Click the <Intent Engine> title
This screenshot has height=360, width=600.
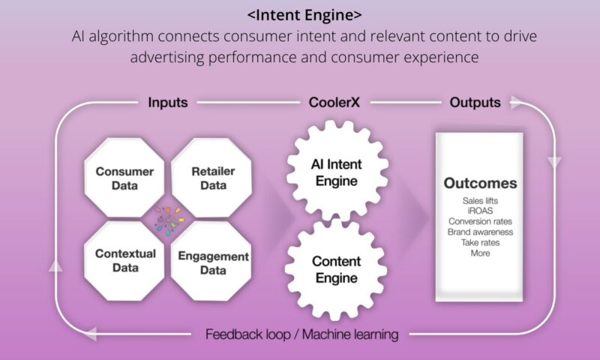point(300,15)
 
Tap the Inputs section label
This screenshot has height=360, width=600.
point(168,103)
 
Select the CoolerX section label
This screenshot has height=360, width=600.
point(334,103)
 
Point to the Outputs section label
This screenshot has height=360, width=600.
point(475,103)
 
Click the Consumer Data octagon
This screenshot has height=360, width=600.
point(124,177)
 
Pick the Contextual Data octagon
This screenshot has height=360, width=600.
point(124,259)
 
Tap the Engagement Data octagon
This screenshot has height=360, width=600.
point(213,262)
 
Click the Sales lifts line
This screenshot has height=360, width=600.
point(480,201)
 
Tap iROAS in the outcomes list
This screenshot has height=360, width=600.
point(480,211)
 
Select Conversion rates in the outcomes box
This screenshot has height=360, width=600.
point(480,221)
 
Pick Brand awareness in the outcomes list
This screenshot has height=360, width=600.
point(480,232)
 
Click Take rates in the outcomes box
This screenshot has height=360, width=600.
point(480,242)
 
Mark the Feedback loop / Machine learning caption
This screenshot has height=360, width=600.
point(301,334)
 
